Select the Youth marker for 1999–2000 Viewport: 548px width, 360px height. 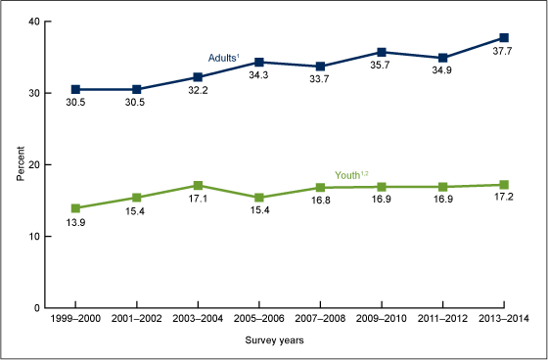click(74, 208)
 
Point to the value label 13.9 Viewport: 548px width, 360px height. click(74, 224)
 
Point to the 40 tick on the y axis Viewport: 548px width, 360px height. click(32, 22)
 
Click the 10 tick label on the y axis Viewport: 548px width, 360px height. click(32, 237)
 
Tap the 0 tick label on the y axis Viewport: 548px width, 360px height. click(35, 308)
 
